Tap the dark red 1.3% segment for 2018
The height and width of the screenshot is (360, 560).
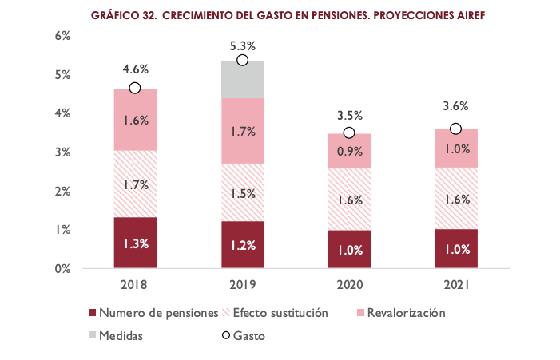click(x=135, y=243)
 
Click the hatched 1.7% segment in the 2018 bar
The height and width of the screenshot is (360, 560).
click(x=135, y=184)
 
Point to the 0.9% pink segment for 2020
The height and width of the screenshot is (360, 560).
click(x=349, y=151)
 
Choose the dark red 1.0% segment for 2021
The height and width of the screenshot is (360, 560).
click(x=455, y=248)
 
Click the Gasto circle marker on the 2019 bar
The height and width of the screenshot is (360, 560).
click(x=242, y=61)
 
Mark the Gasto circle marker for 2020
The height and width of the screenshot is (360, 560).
click(x=349, y=133)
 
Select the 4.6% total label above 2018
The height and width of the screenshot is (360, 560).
click(x=135, y=70)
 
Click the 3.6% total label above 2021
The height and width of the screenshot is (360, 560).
click(x=455, y=106)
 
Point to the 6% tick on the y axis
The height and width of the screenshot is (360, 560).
click(x=63, y=36)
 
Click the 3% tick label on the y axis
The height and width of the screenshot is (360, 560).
click(x=63, y=152)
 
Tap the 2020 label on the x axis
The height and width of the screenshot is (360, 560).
click(x=349, y=284)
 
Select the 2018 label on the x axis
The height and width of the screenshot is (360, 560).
click(x=135, y=284)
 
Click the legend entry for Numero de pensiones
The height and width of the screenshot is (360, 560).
click(x=153, y=312)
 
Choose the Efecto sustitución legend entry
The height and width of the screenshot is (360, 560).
click(x=280, y=312)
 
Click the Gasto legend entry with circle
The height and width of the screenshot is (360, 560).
click(x=243, y=336)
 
